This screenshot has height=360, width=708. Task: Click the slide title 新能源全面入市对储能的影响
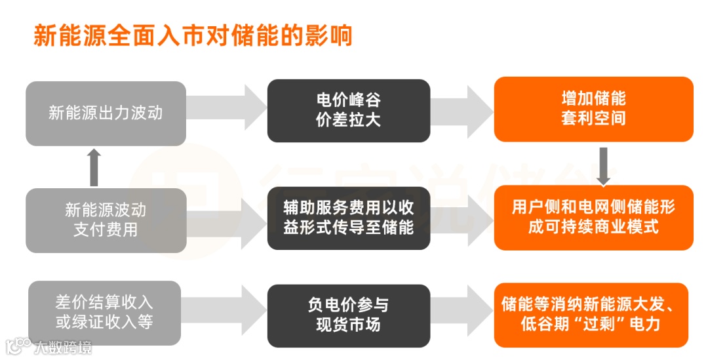pos(193,35)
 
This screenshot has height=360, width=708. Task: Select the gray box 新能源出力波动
pos(106,113)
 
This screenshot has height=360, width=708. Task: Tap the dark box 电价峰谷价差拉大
pos(348,110)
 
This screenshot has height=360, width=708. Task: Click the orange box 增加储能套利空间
pos(593,109)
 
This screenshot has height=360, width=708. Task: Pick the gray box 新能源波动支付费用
pos(106,220)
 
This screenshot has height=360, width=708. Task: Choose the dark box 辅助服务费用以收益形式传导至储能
pos(348,218)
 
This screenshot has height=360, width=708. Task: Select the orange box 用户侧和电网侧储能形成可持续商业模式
pos(593,217)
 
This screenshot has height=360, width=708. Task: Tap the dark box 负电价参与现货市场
pos(348,314)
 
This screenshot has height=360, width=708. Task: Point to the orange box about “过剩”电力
pos(593,314)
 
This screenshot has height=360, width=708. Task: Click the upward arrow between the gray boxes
pos(94,167)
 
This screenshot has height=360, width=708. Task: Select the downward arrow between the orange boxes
pos(603,165)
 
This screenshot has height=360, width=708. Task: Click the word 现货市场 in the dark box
pos(348,324)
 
